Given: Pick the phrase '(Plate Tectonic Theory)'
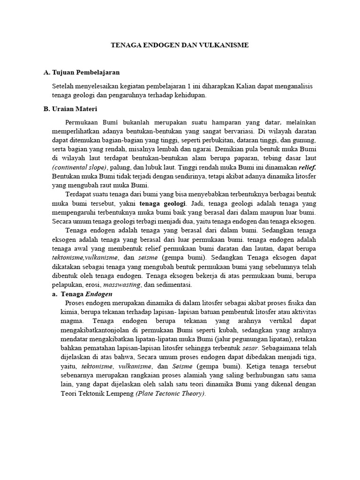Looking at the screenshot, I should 171,394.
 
